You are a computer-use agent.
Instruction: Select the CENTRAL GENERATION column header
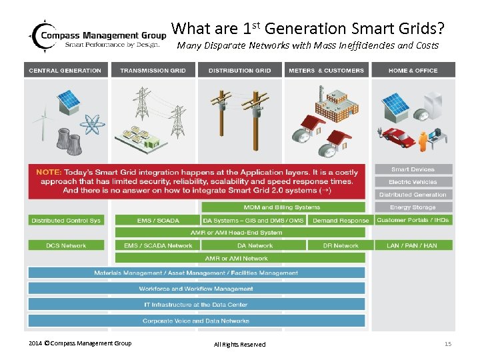(65, 70)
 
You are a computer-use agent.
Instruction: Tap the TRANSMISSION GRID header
(153, 70)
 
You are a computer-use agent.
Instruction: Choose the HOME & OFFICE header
(413, 70)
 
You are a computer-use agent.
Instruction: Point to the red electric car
(399, 139)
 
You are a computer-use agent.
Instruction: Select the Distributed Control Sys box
(65, 221)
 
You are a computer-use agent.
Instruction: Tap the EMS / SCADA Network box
(158, 245)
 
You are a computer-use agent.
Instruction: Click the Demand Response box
(341, 221)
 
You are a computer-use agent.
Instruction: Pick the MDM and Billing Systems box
(282, 207)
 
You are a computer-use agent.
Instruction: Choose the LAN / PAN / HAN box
(412, 245)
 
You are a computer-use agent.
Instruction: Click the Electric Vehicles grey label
(413, 182)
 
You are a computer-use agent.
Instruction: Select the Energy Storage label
(413, 207)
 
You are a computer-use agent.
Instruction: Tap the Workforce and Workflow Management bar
(196, 289)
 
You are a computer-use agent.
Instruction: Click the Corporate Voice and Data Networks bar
(196, 321)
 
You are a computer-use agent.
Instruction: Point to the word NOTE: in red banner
(49, 172)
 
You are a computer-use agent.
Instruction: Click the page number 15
(448, 343)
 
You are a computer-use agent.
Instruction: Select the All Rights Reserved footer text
(239, 344)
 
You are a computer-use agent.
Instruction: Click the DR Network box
(341, 245)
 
